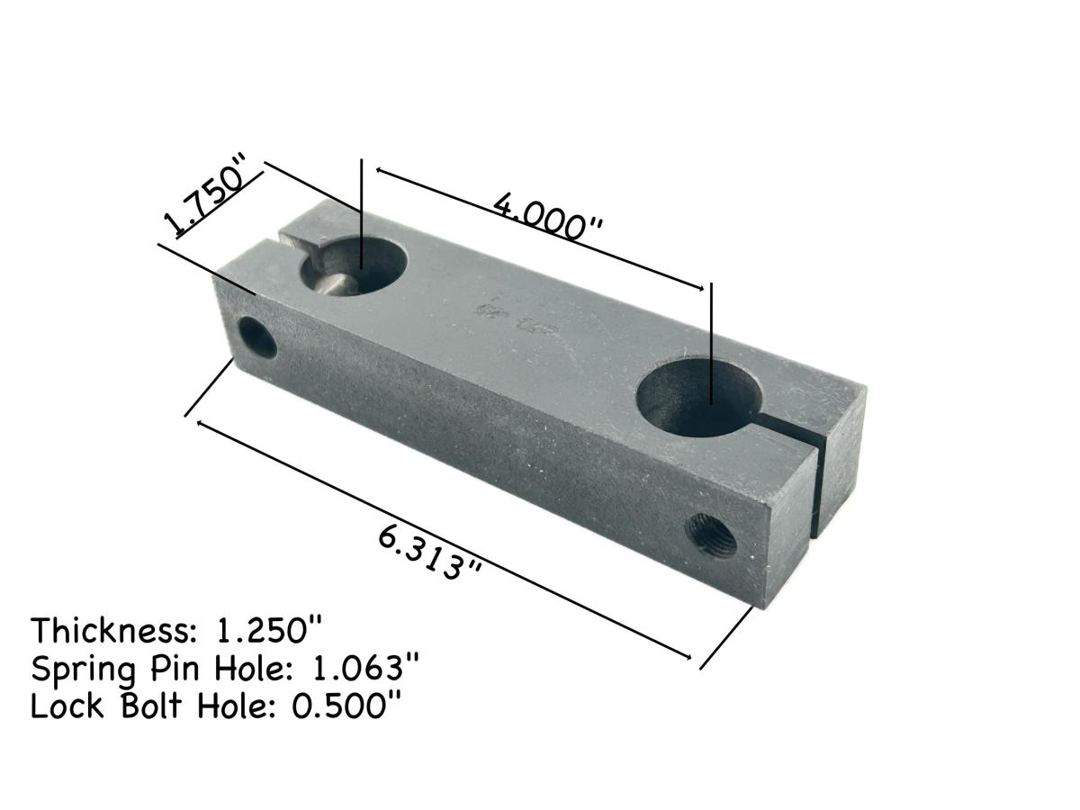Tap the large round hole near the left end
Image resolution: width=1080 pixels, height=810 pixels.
coord(353,266)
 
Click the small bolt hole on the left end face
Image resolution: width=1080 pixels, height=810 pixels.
coord(259,338)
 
